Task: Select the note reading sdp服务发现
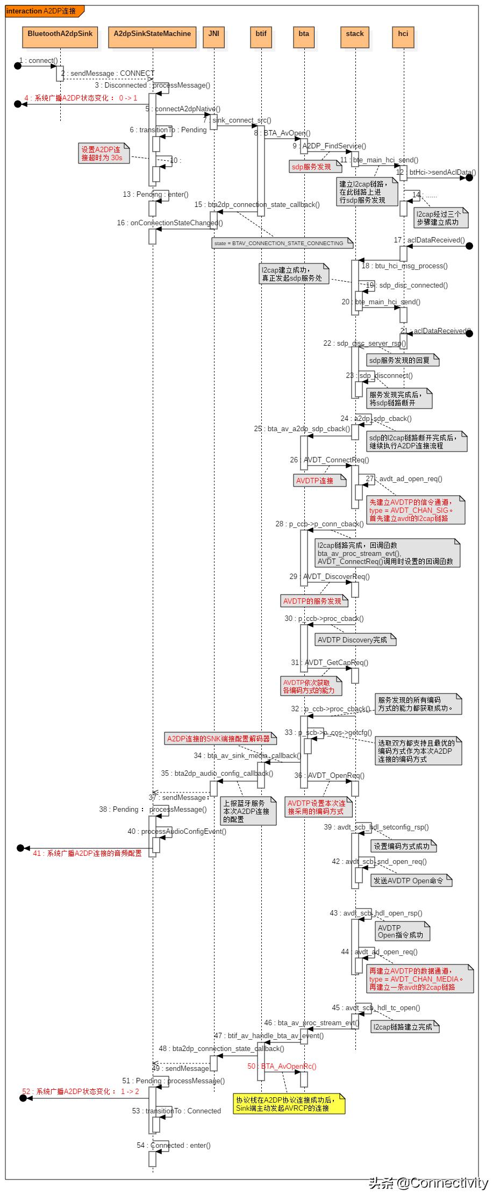point(311,167)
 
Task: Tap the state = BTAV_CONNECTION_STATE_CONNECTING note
point(282,243)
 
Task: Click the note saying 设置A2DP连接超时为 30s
point(103,154)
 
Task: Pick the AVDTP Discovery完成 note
point(355,640)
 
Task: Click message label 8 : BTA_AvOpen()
point(287,133)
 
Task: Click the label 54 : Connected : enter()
point(174,1145)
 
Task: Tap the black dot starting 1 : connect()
point(18,66)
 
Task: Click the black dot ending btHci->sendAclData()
point(469,177)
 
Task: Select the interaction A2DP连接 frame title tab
point(42,11)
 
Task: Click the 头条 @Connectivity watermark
point(428,1183)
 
